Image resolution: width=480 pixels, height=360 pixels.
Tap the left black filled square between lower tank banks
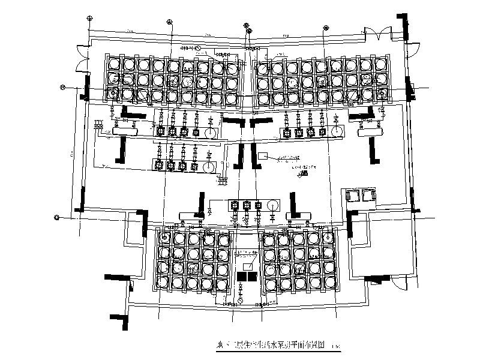[242, 275]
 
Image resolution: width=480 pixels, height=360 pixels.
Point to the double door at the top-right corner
[383, 35]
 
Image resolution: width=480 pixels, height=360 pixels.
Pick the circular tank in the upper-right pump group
[337, 132]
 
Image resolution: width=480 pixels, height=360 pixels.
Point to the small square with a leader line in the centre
[262, 156]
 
